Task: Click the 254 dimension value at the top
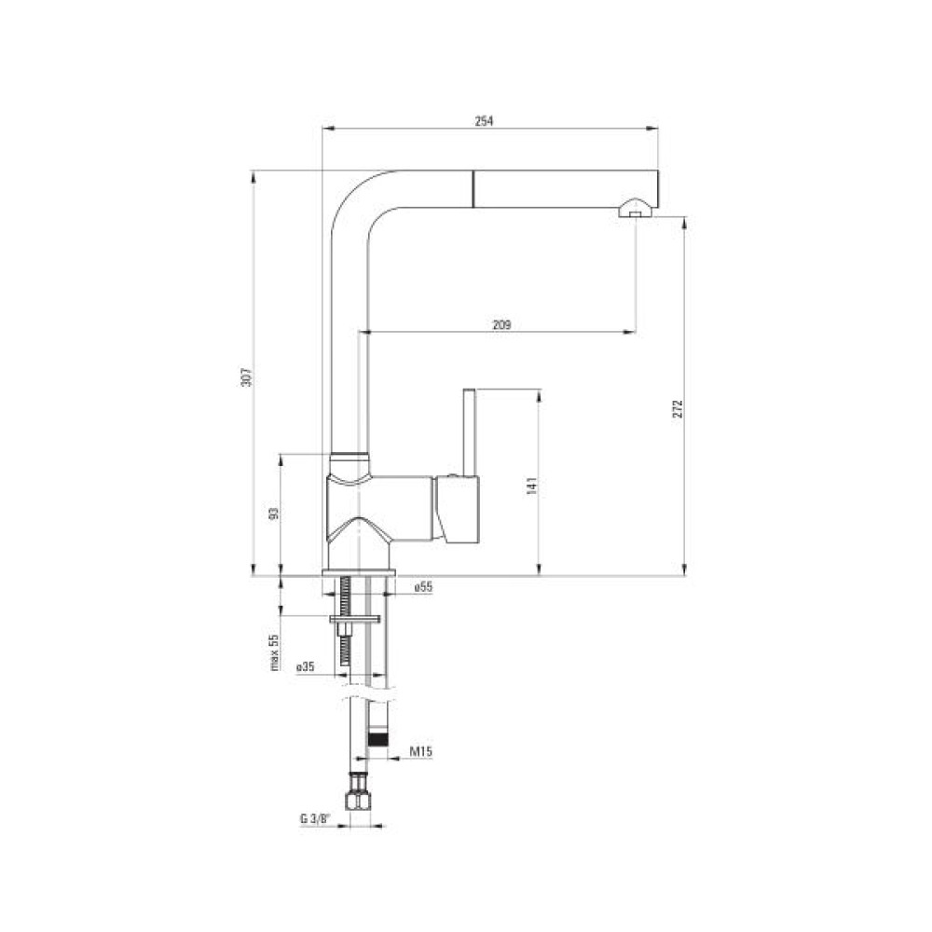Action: (484, 120)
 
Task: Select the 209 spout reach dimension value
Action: (501, 325)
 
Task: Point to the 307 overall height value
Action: (247, 377)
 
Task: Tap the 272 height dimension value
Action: (678, 408)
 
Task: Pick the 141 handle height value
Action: (532, 486)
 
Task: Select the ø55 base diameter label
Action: (423, 587)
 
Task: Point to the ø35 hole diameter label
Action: (305, 667)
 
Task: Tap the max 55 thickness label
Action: (275, 652)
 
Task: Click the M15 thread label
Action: (421, 751)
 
